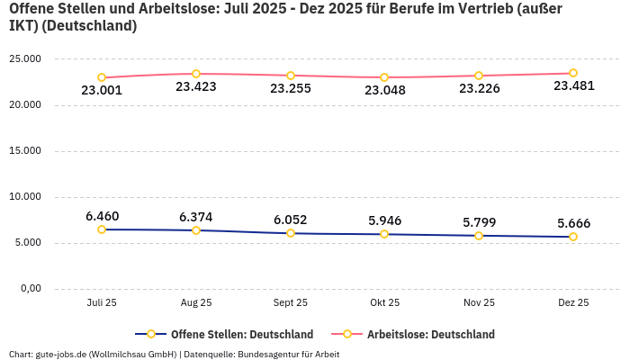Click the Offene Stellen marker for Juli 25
[102, 229]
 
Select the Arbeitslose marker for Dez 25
[573, 73]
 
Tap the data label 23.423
[196, 87]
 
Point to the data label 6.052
[291, 219]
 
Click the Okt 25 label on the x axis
[384, 302]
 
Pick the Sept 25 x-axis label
[291, 302]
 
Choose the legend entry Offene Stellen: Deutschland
[229, 334]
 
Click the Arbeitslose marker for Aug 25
[196, 74]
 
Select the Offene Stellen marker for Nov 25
[479, 236]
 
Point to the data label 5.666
[573, 223]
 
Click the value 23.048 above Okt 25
[384, 90]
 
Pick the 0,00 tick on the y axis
[30, 289]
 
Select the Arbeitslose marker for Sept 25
[291, 76]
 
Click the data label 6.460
[102, 216]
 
